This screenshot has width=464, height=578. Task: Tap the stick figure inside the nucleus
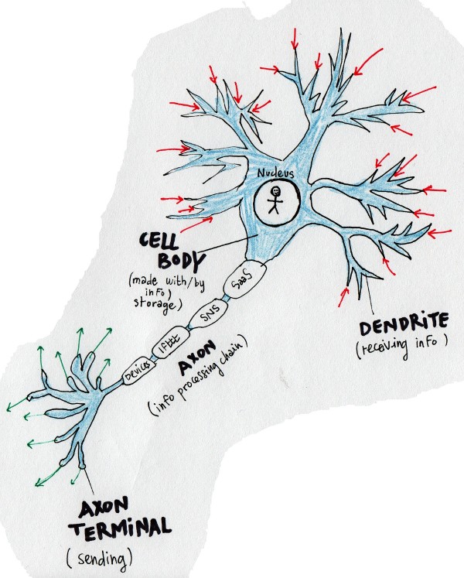(x=275, y=202)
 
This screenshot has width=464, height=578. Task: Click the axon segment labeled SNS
(x=206, y=315)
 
